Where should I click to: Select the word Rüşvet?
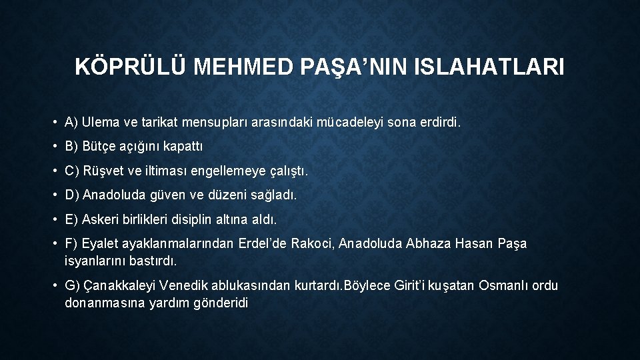[105, 171]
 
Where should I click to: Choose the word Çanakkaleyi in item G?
[119, 286]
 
